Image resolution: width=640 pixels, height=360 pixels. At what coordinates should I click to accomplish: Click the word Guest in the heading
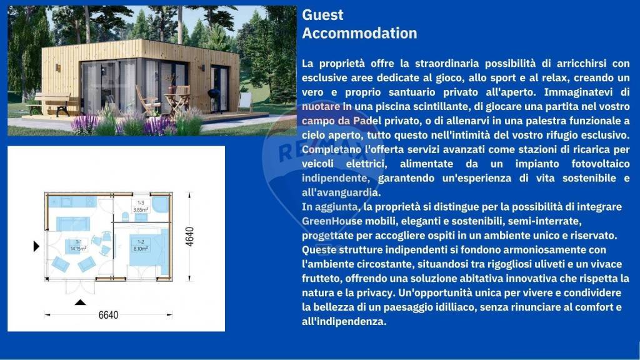[x=322, y=15]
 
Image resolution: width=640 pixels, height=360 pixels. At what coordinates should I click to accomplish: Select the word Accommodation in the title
[x=359, y=33]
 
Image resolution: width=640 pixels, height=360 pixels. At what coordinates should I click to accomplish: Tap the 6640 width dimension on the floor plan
[x=107, y=315]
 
